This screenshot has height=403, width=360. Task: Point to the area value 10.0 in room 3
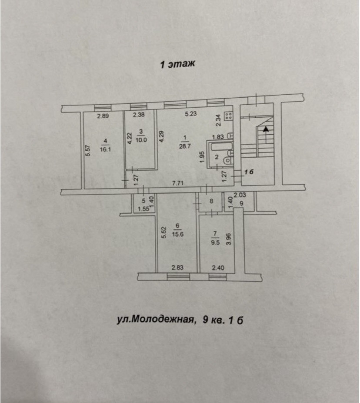[x=142, y=140]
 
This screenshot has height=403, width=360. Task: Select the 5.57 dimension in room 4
[x=87, y=150]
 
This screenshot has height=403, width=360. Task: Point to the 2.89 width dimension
[x=103, y=116]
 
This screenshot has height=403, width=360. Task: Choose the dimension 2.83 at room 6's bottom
[x=177, y=268]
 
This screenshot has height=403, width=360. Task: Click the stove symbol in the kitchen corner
[x=229, y=116]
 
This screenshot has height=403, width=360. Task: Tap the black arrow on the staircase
[x=265, y=128]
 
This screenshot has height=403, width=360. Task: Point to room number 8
[x=211, y=201]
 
